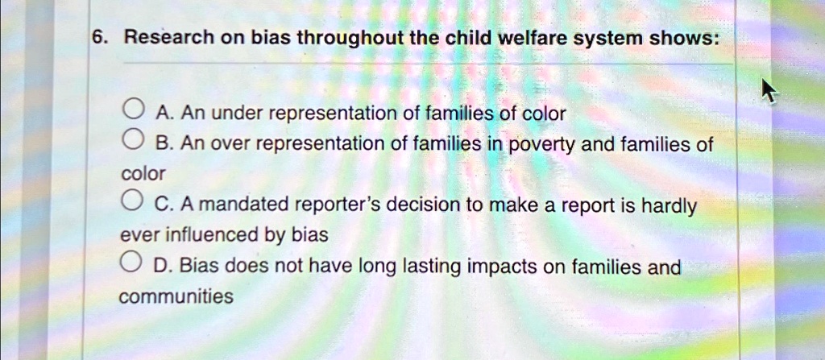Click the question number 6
[x=97, y=38]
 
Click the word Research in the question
[x=160, y=38]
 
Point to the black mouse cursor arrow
[x=769, y=91]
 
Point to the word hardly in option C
[x=670, y=206]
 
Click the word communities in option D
[x=176, y=296]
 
